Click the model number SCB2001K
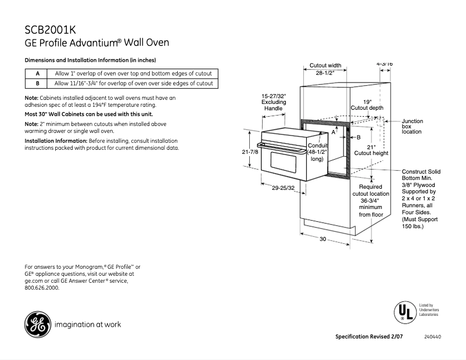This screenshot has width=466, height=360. coord(51,30)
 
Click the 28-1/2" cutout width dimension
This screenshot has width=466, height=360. coord(325,74)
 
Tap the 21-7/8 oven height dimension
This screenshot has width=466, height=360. coord(250,152)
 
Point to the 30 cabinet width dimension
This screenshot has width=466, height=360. coord(323,239)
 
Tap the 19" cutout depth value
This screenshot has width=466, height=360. coord(367,101)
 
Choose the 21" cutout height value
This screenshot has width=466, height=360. coord(371,147)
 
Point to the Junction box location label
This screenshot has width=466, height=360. coord(413,126)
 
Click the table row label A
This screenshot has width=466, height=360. coord(37,74)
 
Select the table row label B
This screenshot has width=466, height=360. coord(37,83)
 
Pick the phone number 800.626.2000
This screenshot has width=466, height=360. coord(42,287)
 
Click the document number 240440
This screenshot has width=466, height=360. coord(432,337)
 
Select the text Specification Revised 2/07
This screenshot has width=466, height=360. coord(369,337)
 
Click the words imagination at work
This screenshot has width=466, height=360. coord(87,325)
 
